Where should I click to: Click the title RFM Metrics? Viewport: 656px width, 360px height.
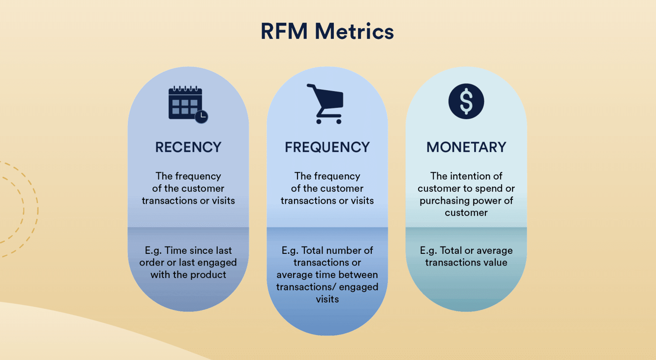pyautogui.click(x=327, y=32)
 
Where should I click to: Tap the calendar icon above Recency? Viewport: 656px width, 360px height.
pyautogui.click(x=185, y=103)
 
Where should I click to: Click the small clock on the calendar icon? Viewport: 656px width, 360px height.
pyautogui.click(x=202, y=117)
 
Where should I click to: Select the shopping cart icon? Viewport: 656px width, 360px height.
pyautogui.click(x=326, y=104)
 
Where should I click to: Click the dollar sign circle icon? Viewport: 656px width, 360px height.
pyautogui.click(x=466, y=101)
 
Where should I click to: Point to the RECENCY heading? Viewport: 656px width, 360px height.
pyautogui.click(x=188, y=147)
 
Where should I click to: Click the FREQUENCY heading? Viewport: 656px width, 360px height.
pyautogui.click(x=327, y=147)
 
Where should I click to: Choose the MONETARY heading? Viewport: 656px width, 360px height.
pyautogui.click(x=466, y=147)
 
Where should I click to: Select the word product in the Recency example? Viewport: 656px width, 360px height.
pyautogui.click(x=209, y=275)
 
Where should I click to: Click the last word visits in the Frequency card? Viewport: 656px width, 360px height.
pyautogui.click(x=327, y=299)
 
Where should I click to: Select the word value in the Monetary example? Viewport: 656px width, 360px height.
pyautogui.click(x=495, y=262)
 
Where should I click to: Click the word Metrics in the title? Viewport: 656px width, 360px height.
pyautogui.click(x=355, y=32)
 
